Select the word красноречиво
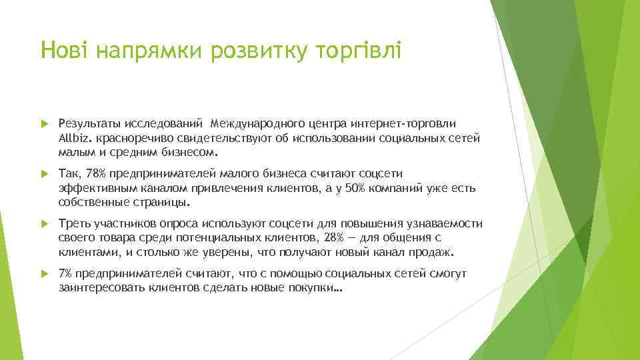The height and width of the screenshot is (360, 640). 134,137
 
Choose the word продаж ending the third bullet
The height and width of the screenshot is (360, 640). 434,253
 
